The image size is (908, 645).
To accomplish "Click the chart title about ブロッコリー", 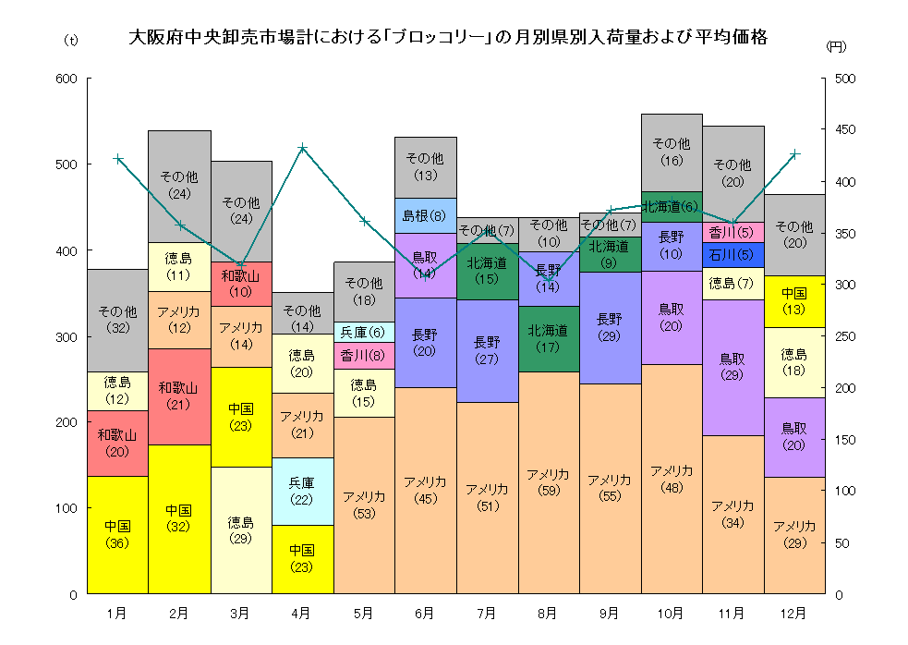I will pos(448,38).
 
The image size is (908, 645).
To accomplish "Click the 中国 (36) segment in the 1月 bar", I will pos(117,534).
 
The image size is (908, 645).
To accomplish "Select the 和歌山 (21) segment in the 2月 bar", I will pos(179,396).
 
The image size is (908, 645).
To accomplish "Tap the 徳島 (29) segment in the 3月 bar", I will pos(240,529).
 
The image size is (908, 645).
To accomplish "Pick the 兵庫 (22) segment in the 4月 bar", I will pos(302,491).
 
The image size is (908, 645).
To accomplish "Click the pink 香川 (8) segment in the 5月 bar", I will pos(363,355).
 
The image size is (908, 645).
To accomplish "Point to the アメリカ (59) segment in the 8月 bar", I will pos(548,482).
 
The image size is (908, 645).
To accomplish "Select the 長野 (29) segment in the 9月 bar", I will pos(610,327).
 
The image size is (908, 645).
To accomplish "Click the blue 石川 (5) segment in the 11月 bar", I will pos(733,255).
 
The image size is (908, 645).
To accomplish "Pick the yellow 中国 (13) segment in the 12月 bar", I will pos(793,301).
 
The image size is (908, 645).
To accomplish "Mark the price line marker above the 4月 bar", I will pos(302,148).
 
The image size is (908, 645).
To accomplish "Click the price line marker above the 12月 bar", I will pos(794,153).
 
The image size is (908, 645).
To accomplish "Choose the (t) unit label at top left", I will pos(71,41).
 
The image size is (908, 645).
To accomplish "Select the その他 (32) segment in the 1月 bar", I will pos(117,320).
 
